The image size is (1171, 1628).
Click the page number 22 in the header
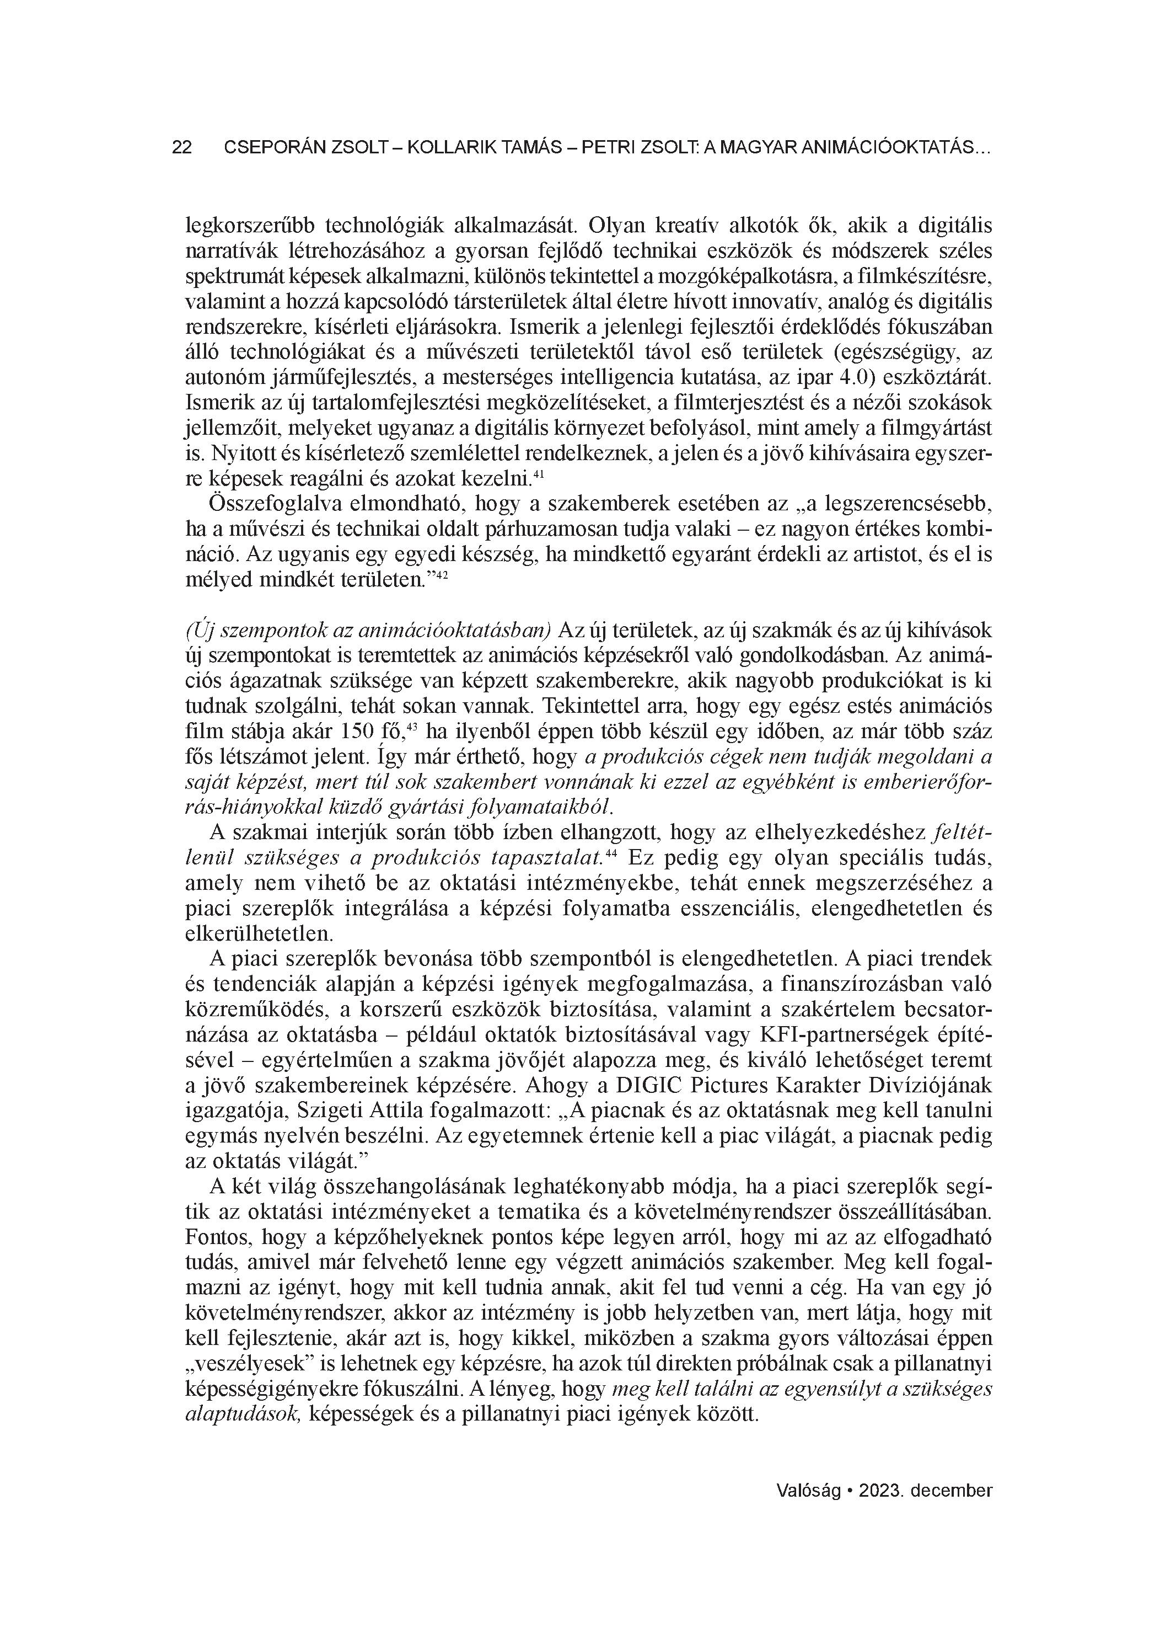pyautogui.click(x=181, y=148)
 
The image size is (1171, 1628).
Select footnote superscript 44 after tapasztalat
pyautogui.click(x=611, y=853)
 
